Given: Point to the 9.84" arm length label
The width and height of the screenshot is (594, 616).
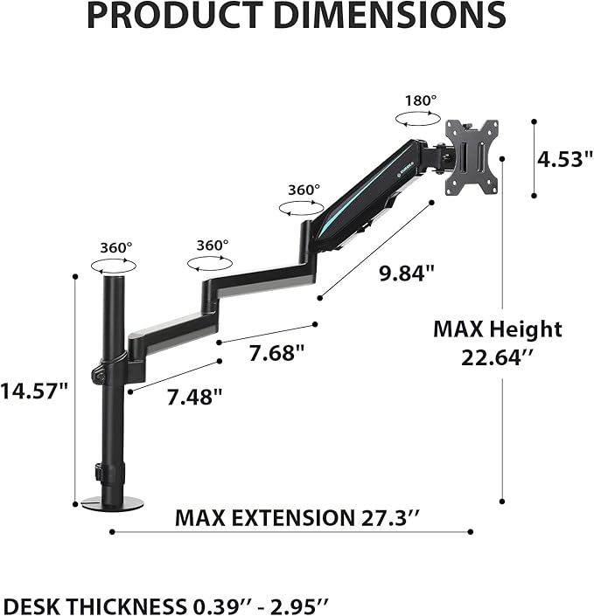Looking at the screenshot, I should pos(406,273).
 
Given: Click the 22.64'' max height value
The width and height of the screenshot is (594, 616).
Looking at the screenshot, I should pos(497,357).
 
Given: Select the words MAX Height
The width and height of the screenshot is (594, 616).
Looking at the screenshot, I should pos(497,329).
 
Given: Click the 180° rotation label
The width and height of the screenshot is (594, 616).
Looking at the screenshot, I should pos(420,100).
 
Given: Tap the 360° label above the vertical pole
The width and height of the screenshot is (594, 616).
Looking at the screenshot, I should pos(115,247).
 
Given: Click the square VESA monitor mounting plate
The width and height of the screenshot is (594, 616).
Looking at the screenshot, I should pos(472,156).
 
